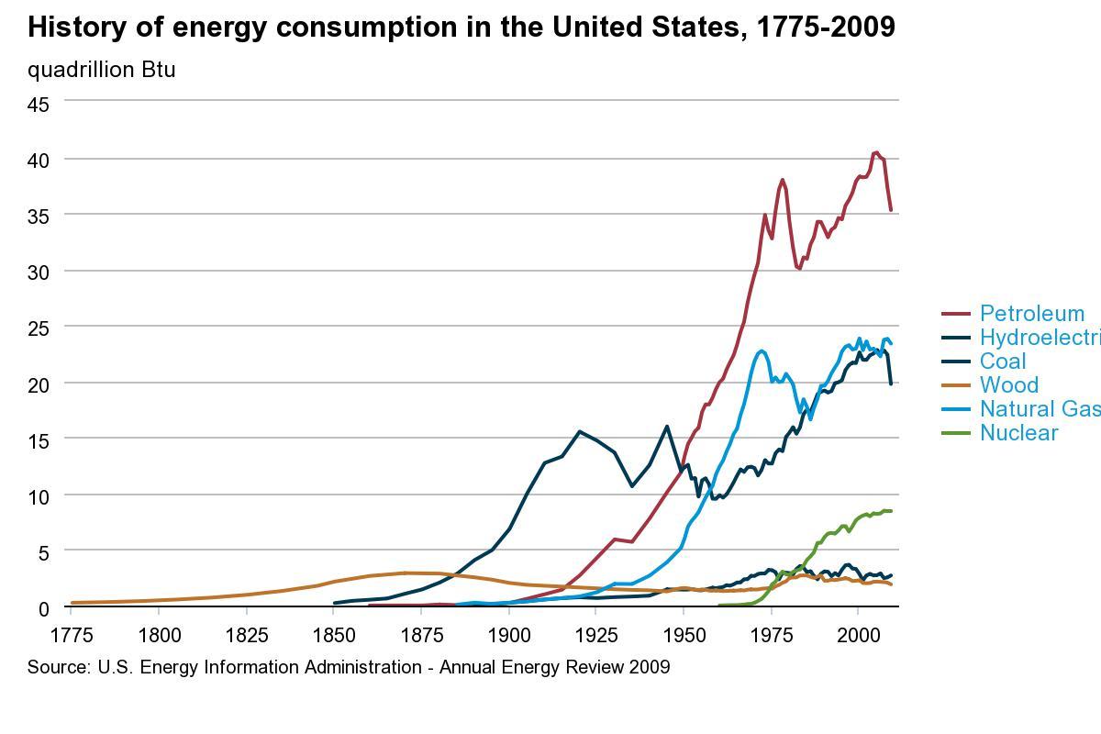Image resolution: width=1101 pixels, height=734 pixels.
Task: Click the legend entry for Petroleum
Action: coord(1031,314)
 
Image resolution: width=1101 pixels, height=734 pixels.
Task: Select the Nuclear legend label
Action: coord(1018,433)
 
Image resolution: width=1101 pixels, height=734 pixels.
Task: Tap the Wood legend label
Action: coord(1008,385)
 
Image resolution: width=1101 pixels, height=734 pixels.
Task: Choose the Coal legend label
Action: coord(1003,361)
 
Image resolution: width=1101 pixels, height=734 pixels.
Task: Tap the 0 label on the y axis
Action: coord(43,607)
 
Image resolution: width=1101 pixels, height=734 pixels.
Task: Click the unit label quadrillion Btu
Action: coord(101,70)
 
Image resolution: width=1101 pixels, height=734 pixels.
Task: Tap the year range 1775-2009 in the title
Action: coord(824,28)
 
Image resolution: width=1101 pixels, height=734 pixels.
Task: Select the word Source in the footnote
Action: coord(57,667)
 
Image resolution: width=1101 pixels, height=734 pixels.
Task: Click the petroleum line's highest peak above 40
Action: coord(876,152)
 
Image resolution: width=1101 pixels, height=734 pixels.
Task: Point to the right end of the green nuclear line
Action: coord(890,511)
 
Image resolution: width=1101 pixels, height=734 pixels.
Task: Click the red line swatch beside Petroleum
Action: coord(957,315)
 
